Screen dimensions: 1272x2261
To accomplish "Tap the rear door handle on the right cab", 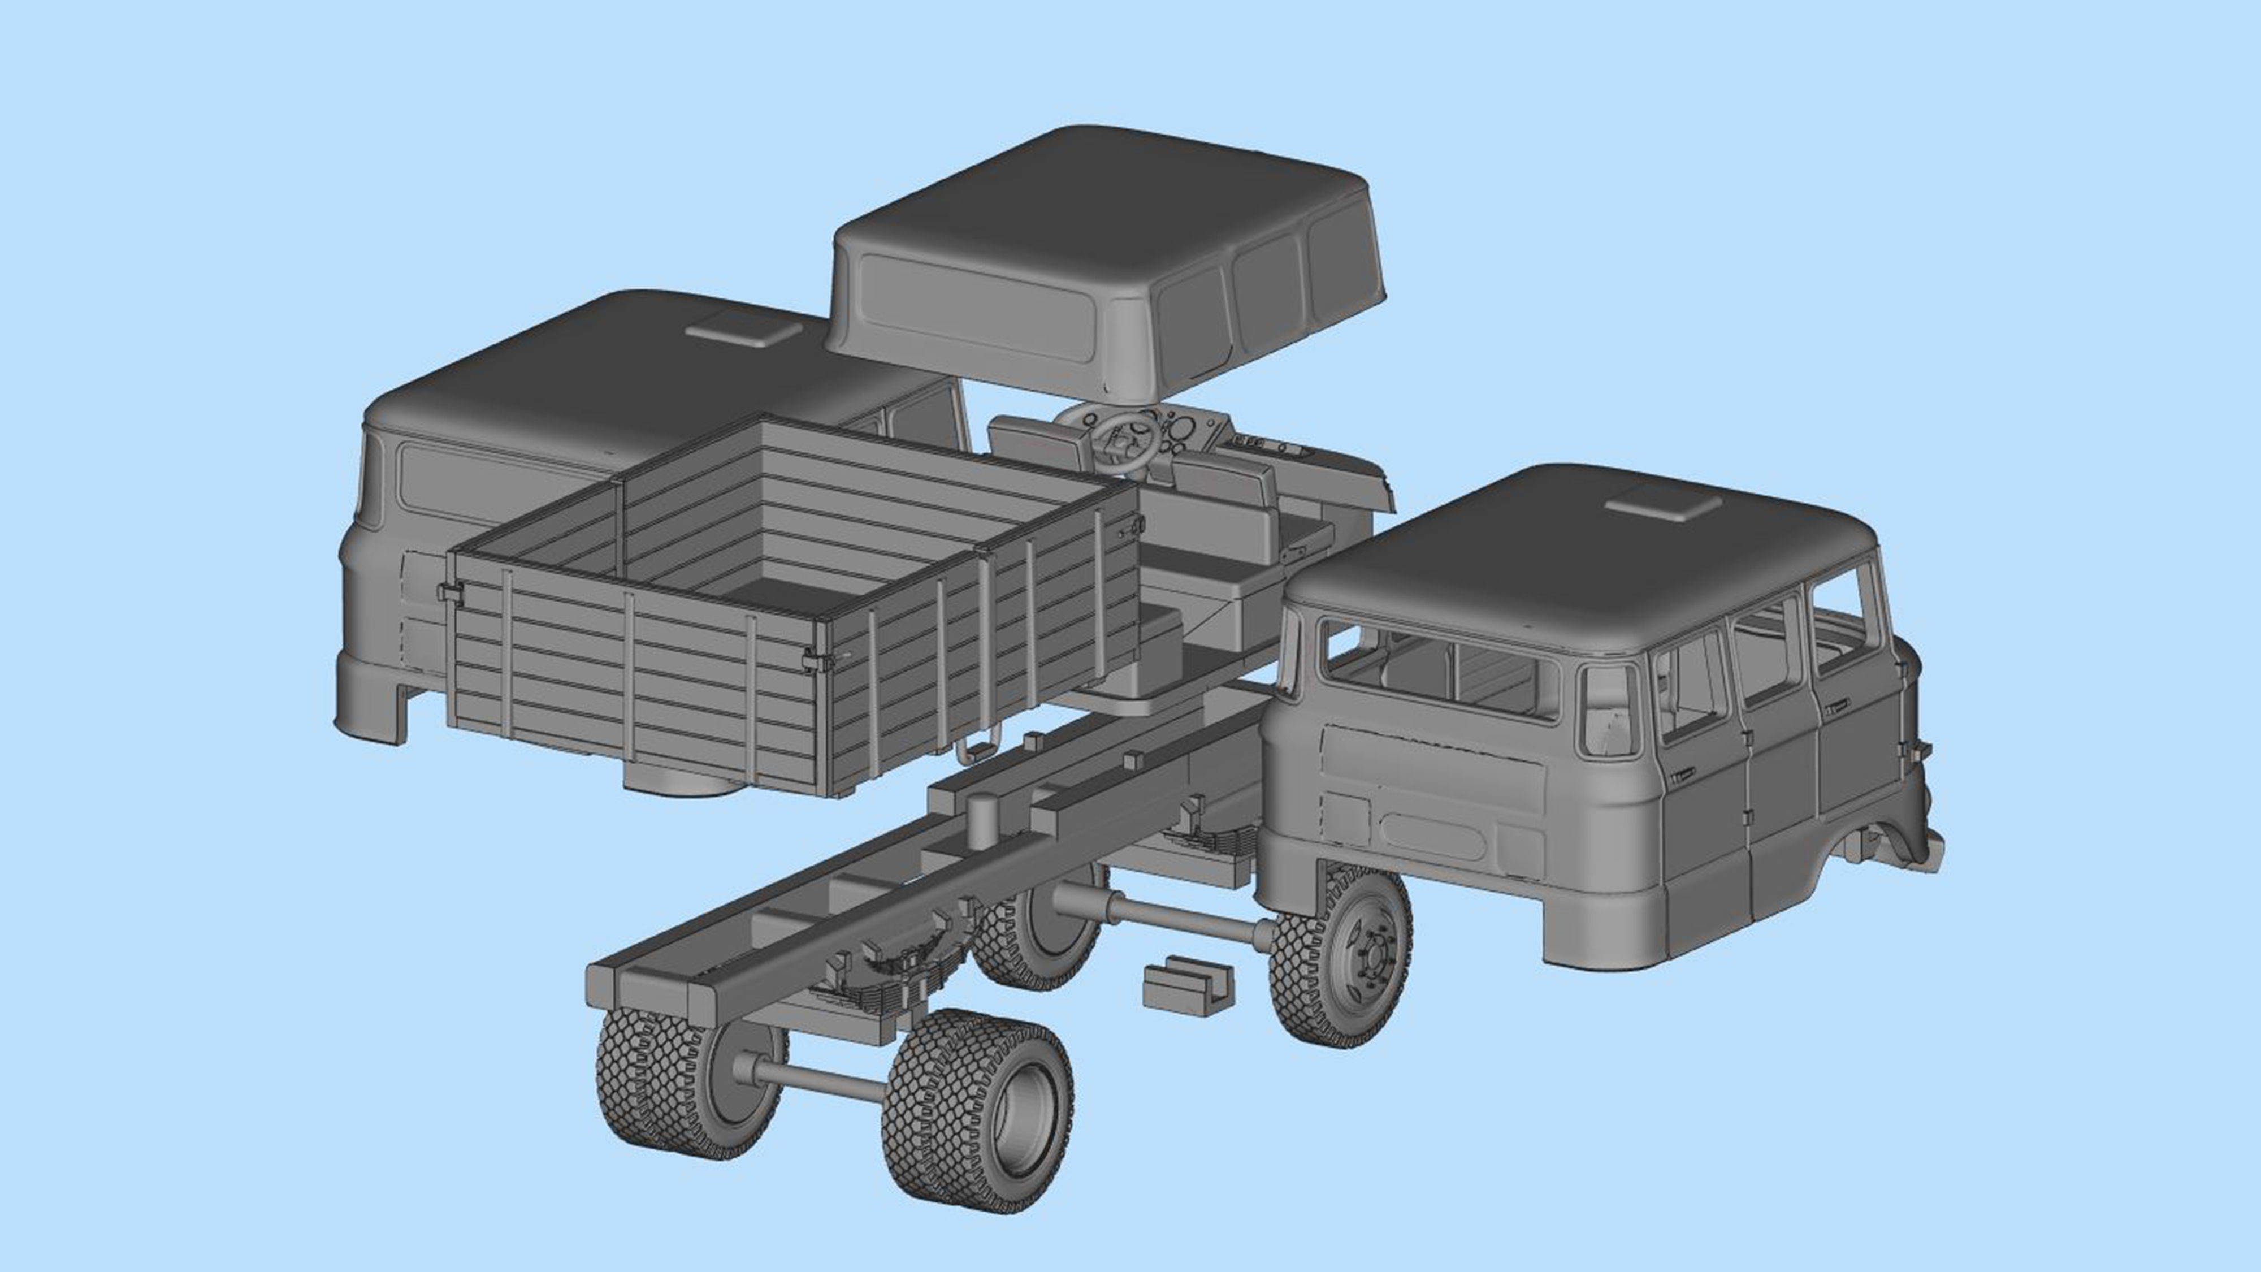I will tap(1683, 776).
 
